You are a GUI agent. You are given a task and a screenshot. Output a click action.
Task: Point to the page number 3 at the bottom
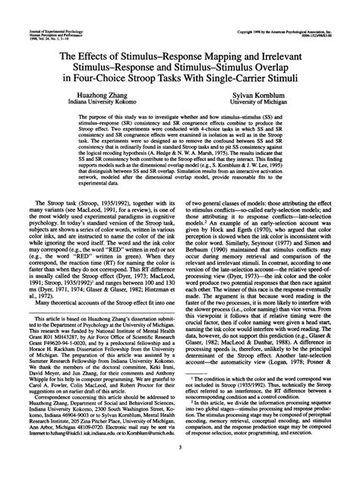180,456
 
